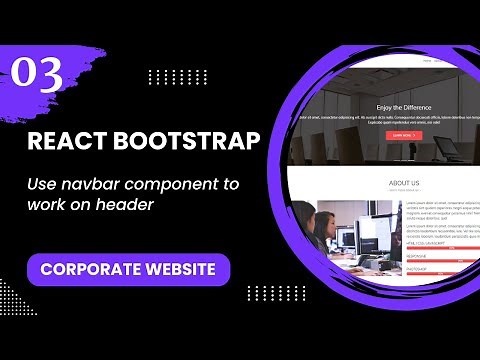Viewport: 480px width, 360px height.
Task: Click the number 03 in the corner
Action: [x=37, y=72]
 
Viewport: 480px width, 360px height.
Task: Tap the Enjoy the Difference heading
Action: [x=404, y=107]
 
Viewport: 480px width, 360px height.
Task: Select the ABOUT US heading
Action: [x=404, y=184]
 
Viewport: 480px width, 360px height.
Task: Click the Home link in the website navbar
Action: [x=427, y=61]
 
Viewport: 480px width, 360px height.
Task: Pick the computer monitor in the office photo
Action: [x=349, y=238]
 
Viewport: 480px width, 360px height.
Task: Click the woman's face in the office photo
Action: [x=327, y=222]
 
